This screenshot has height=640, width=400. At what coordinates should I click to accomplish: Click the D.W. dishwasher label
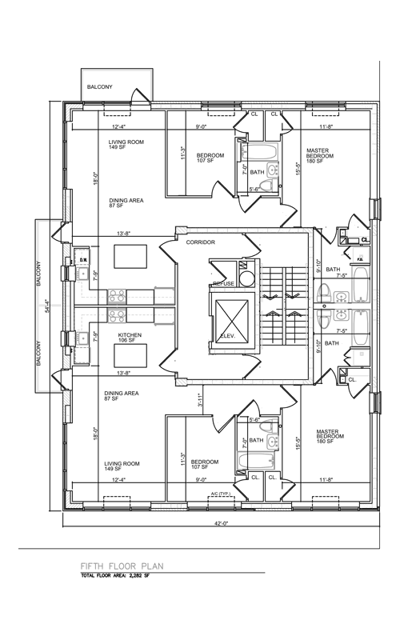[x=82, y=260]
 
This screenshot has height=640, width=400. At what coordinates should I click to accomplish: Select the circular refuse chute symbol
[x=248, y=279]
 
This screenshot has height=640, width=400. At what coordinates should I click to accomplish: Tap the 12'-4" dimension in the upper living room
[x=120, y=126]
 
